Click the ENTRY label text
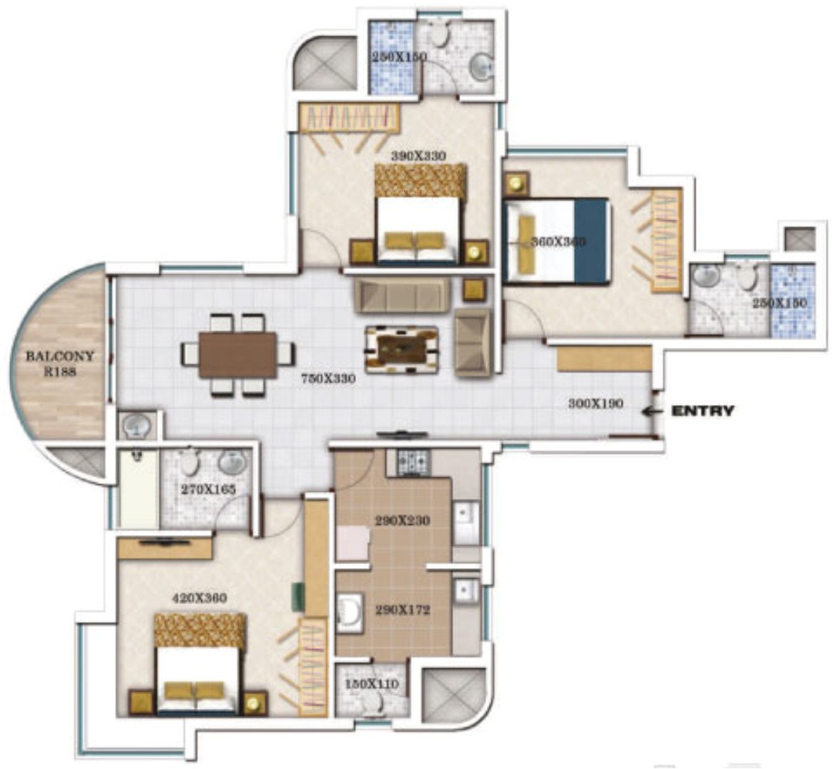(x=703, y=411)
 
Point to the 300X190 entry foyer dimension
(x=596, y=403)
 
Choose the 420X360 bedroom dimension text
(x=200, y=598)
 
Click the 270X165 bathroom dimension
(x=207, y=488)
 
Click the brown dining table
(x=237, y=355)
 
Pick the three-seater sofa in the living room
(x=401, y=296)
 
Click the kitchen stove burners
(x=413, y=462)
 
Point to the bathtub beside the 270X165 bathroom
(x=137, y=490)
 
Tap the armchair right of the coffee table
(x=472, y=343)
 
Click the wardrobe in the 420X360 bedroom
(x=312, y=667)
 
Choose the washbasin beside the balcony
(x=136, y=425)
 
